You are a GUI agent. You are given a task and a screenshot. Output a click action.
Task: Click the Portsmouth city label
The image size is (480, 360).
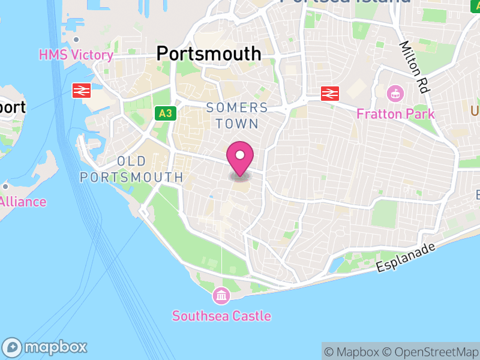[x=209, y=53]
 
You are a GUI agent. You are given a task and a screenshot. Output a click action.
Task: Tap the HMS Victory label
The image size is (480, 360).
[x=76, y=55]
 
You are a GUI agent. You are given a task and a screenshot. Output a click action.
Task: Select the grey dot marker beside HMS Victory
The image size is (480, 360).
[x=76, y=40]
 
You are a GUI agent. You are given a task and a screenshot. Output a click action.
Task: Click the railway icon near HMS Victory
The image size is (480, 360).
[x=82, y=91]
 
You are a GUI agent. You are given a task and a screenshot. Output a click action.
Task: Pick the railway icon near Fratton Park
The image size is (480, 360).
[x=330, y=93]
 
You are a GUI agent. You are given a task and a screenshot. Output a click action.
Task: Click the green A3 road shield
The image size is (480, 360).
[x=165, y=113]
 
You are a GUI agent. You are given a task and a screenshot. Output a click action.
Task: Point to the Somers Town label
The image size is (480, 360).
[x=236, y=116]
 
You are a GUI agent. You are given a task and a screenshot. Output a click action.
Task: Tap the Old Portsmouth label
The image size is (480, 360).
[x=131, y=169]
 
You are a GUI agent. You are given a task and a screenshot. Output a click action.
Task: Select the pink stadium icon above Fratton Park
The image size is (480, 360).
[x=395, y=94]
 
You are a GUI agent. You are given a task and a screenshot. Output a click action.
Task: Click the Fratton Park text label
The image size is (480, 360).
[x=395, y=113]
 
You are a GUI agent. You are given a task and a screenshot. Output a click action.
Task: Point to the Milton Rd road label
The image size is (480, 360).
[x=415, y=67]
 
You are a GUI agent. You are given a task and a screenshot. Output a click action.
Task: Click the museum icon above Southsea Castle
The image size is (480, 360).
[x=221, y=295]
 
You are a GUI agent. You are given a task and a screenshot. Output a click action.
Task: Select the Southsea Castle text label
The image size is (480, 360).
[x=221, y=316]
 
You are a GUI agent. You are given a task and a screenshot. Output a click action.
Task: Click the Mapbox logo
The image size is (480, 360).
[x=45, y=347]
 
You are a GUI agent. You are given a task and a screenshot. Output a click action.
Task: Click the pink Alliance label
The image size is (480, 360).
[x=23, y=202]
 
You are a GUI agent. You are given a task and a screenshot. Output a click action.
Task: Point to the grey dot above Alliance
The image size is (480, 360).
[x=5, y=186]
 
